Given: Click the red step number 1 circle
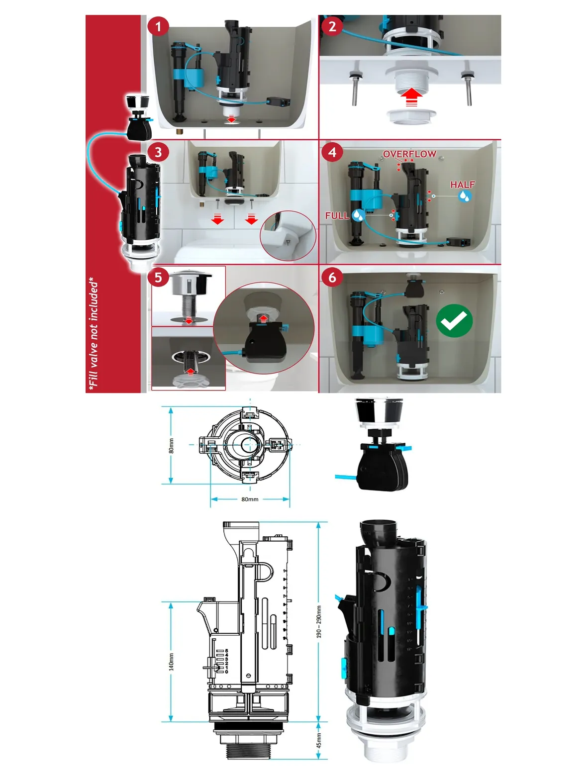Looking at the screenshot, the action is pyautogui.click(x=158, y=27).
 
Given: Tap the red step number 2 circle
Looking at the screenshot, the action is pyautogui.click(x=332, y=26).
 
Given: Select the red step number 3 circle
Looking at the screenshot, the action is pyautogui.click(x=158, y=152).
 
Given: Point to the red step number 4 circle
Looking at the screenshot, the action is pyautogui.click(x=332, y=152).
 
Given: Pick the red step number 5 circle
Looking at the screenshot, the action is pyautogui.click(x=158, y=277).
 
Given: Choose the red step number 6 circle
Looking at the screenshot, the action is pyautogui.click(x=332, y=277).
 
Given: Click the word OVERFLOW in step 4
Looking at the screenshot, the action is pyautogui.click(x=409, y=154).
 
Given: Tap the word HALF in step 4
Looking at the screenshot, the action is pyautogui.click(x=463, y=185).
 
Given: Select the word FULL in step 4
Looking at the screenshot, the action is pyautogui.click(x=337, y=215).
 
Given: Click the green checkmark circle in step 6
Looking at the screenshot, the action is pyautogui.click(x=454, y=320).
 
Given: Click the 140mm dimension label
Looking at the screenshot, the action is pyautogui.click(x=172, y=662).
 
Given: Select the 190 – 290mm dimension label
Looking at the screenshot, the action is pyautogui.click(x=318, y=622).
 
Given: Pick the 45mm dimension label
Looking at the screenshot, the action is pyautogui.click(x=318, y=741).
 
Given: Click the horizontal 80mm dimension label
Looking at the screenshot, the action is pyautogui.click(x=250, y=499).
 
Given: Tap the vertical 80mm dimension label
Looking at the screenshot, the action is pyautogui.click(x=172, y=446).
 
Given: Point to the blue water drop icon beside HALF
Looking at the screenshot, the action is pyautogui.click(x=464, y=196).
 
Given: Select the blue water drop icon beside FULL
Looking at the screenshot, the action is pyautogui.click(x=358, y=215).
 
